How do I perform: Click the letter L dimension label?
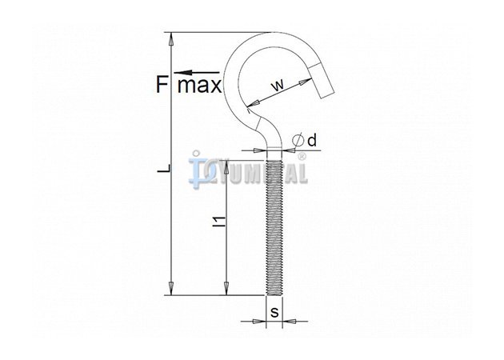coord(163,168)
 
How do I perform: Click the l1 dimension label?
coord(220,222)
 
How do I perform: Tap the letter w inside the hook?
coord(278,85)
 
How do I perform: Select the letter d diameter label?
coord(312,141)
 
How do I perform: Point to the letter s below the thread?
coord(274,312)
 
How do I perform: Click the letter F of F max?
coord(162,84)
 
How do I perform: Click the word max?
coord(200,86)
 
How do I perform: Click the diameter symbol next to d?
coord(298,141)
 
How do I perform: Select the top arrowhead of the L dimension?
coord(171,38)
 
